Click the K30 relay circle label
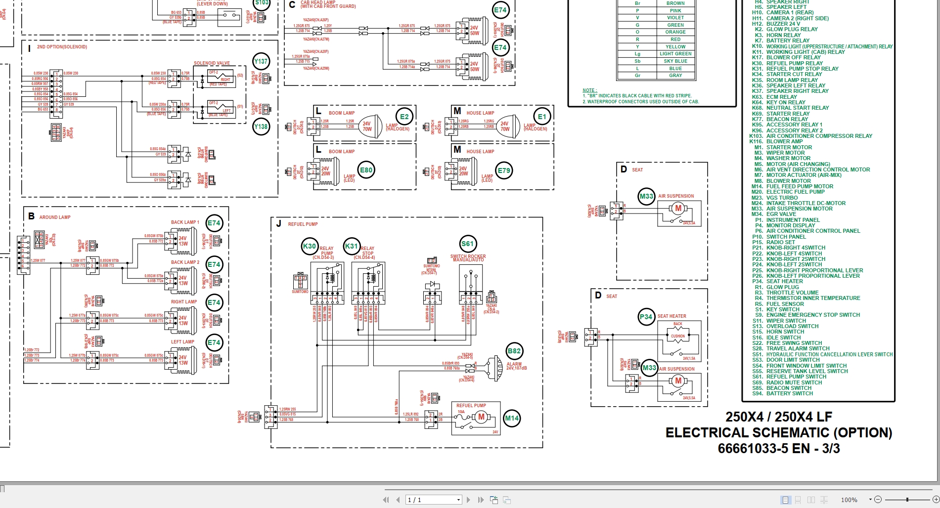click(x=310, y=246)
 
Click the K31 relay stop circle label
click(x=352, y=246)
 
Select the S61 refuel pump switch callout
click(x=467, y=244)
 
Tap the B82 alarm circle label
click(x=514, y=351)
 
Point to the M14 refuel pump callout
click(x=512, y=419)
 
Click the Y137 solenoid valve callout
click(x=261, y=62)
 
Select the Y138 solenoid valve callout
click(x=261, y=127)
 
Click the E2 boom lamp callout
click(x=404, y=117)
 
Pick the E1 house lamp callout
click(x=542, y=117)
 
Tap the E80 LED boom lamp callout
click(x=366, y=170)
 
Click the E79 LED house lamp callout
click(x=504, y=171)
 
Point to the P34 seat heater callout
click(x=646, y=317)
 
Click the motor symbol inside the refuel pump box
click(x=481, y=417)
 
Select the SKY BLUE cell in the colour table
click(x=675, y=61)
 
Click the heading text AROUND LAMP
click(x=55, y=217)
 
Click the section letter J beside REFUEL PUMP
click(x=278, y=224)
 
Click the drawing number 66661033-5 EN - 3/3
click(x=778, y=449)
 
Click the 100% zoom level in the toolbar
click(x=849, y=500)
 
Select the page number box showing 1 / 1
click(x=433, y=500)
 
